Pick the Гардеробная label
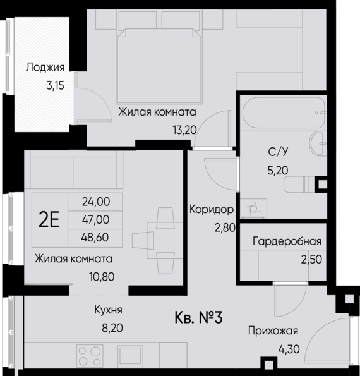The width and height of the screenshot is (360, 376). [287, 241]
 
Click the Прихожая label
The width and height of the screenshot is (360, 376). [272, 331]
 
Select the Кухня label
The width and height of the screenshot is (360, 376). [107, 310]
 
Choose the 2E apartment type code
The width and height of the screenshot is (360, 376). [49, 219]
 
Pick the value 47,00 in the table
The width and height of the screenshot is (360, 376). [96, 219]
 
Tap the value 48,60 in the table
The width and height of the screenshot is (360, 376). [96, 237]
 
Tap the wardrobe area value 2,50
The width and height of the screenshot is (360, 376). [311, 258]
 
